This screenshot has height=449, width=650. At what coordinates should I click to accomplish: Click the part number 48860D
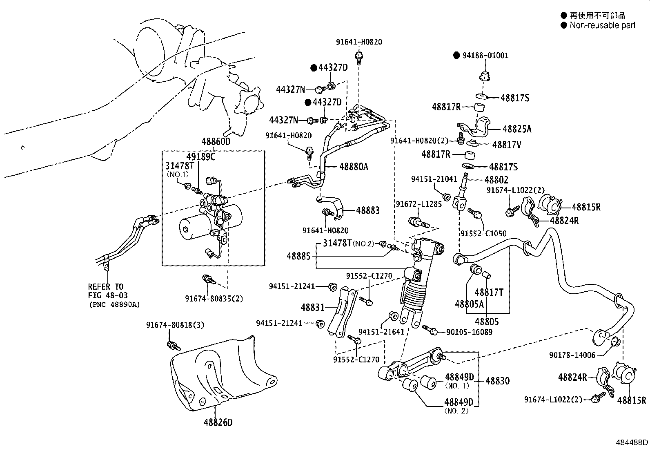[216, 142]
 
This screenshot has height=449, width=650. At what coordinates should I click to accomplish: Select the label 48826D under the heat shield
[218, 422]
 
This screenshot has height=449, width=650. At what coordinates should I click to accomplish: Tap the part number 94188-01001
[485, 55]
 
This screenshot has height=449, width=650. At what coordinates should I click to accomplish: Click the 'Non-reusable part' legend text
[603, 25]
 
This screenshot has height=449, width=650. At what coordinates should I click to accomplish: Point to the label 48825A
[517, 129]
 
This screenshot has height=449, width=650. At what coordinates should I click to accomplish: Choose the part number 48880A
[353, 167]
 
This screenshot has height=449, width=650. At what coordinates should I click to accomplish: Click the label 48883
[367, 210]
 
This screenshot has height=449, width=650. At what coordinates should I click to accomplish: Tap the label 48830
[497, 381]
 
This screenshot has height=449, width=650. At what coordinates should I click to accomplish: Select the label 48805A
[469, 304]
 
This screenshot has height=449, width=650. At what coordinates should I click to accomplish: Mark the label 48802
[496, 180]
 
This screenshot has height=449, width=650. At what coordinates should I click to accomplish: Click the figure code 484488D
[632, 442]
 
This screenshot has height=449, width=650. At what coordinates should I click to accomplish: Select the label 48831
[312, 307]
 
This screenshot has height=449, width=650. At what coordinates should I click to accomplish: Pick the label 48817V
[506, 145]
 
